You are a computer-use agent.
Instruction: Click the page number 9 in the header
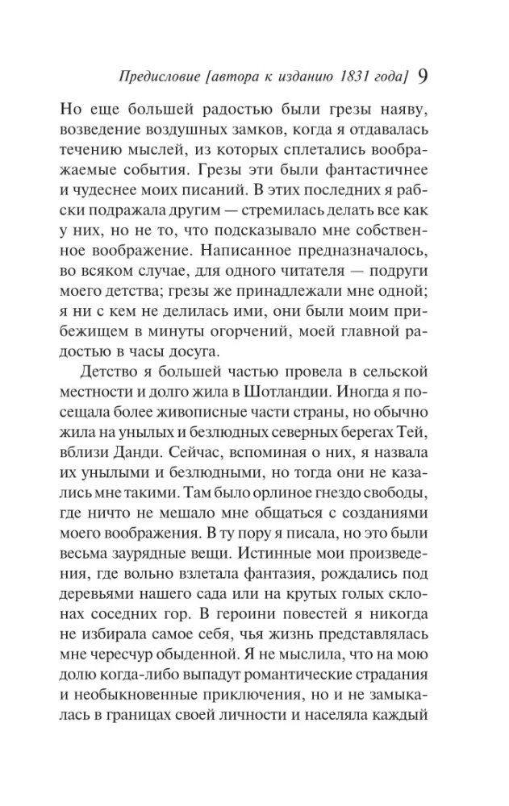[x=423, y=77]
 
